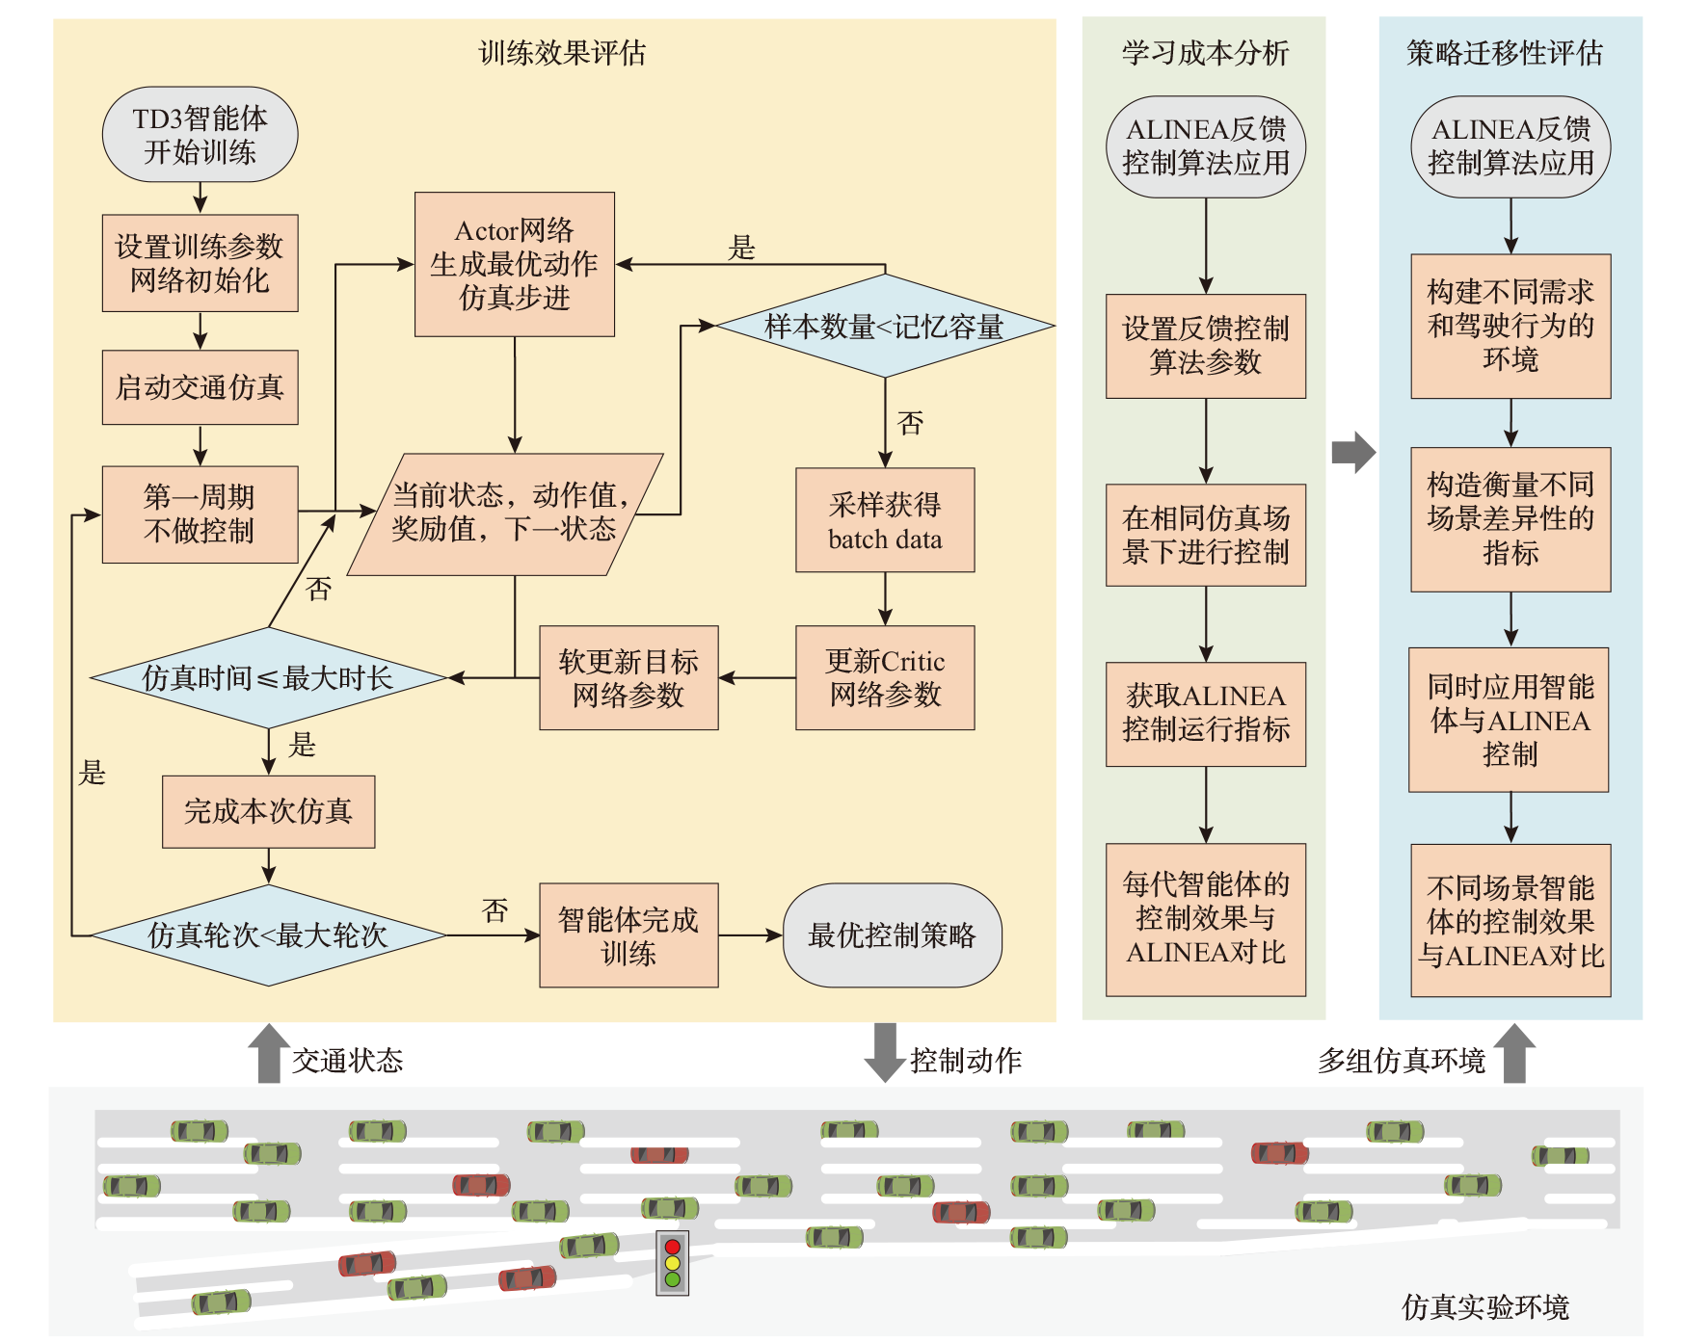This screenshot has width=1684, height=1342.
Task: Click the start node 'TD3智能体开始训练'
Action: [x=200, y=135]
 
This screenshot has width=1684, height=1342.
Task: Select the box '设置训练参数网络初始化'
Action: [x=200, y=263]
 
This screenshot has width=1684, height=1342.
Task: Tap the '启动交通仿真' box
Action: [x=200, y=387]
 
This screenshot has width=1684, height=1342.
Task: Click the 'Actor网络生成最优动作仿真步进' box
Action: [x=515, y=264]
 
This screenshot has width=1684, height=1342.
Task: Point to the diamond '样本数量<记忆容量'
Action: [x=885, y=327]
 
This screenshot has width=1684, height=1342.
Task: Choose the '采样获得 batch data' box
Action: [x=885, y=520]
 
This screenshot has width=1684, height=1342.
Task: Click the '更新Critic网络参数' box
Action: [x=885, y=677]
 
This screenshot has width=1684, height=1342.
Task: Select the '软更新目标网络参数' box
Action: [x=628, y=677]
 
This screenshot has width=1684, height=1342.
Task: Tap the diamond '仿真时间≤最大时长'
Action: [x=268, y=677]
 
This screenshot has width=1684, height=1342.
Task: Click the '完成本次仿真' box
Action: [x=268, y=811]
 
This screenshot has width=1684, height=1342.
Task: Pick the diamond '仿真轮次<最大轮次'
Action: [x=268, y=934]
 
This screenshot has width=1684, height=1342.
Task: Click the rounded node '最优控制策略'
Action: [x=892, y=934]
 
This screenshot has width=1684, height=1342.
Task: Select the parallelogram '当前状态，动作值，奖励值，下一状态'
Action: [x=506, y=513]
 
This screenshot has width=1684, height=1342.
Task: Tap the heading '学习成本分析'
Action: [x=1205, y=53]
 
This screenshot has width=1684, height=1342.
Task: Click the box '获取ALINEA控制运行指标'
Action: [x=1206, y=713]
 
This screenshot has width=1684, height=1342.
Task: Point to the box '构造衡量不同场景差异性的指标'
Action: [x=1510, y=518]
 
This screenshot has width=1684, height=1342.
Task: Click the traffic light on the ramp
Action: [x=672, y=1263]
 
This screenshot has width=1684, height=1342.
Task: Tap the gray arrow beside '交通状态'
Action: [x=269, y=1053]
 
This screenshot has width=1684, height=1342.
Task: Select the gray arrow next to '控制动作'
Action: [x=884, y=1053]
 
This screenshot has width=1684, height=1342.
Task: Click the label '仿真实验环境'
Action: [x=1484, y=1307]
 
